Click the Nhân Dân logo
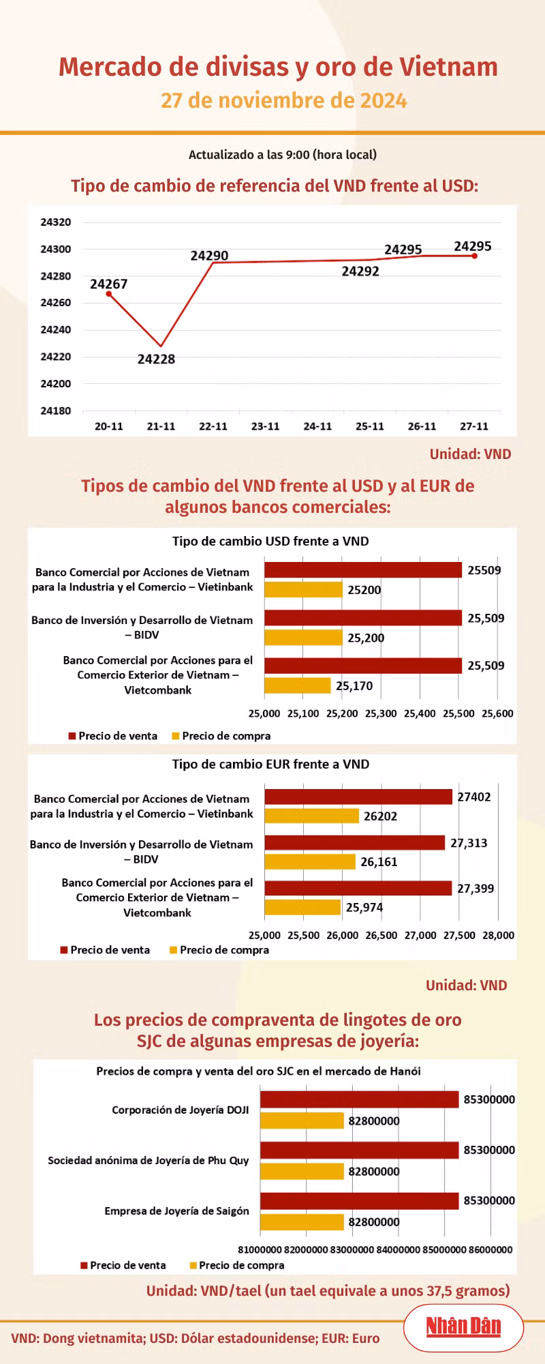[463, 1326]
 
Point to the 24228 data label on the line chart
[156, 359]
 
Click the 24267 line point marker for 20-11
[109, 294]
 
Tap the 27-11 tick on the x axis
[474, 426]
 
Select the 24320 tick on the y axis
[56, 222]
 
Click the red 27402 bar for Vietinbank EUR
[358, 797]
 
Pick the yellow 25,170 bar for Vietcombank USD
[298, 685]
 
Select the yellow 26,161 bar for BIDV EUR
[310, 861]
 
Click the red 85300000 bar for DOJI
[359, 1099]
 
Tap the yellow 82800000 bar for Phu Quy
[302, 1171]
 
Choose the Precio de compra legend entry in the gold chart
[237, 1265]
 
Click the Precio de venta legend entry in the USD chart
[113, 736]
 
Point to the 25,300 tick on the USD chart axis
[381, 713]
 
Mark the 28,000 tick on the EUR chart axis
[498, 935]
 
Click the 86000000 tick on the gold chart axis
[490, 1249]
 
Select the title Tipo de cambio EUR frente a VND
[270, 765]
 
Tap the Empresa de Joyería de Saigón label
[176, 1211]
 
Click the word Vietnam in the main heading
[448, 67]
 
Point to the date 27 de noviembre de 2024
[284, 100]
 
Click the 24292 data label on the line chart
[360, 271]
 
